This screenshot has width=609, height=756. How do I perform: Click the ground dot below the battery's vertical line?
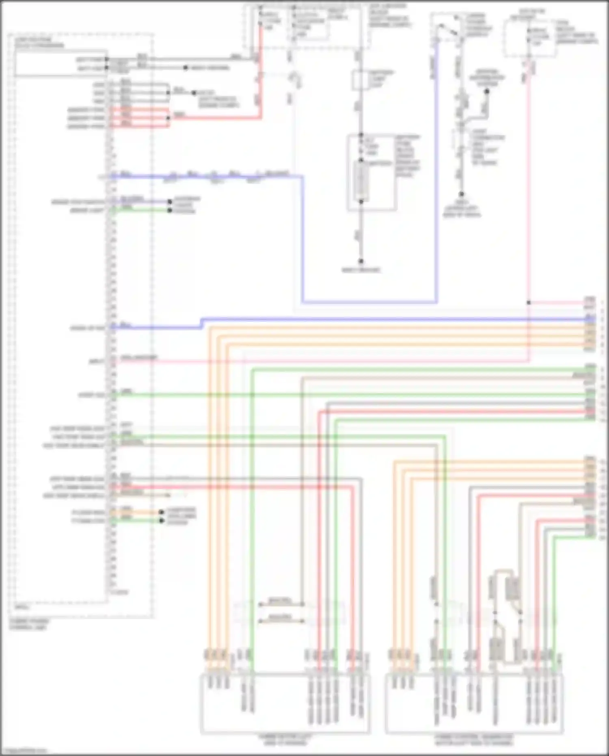point(361,262)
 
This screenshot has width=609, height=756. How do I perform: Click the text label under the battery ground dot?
point(361,270)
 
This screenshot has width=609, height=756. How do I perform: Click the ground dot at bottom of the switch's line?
point(461,195)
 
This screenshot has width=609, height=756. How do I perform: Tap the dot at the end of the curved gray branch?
point(487,91)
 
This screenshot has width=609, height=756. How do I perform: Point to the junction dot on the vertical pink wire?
point(529,303)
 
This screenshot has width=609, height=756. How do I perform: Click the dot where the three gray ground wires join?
point(168,93)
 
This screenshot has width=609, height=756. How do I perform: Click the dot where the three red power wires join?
point(168,118)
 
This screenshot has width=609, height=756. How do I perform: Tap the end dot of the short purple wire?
point(170,201)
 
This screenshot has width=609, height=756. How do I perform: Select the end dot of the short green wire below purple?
point(170,210)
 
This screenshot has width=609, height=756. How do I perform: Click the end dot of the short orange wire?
point(162,512)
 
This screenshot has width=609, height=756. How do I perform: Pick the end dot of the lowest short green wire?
point(162,520)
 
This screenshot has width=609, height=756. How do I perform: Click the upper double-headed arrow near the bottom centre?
point(281,604)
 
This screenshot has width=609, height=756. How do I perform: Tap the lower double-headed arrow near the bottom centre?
point(281,621)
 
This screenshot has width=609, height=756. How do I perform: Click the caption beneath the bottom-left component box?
point(285,739)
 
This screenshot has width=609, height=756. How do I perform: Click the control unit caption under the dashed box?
point(28,624)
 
